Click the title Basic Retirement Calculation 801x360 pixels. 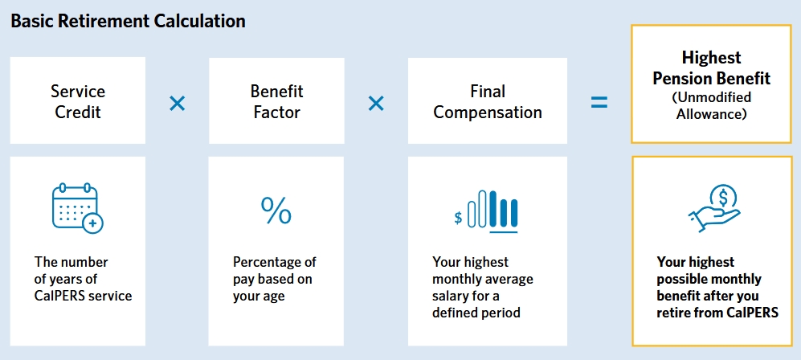click(x=129, y=22)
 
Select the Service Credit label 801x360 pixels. click(x=78, y=101)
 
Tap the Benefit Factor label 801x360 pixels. click(x=276, y=101)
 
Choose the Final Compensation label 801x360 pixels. click(x=488, y=101)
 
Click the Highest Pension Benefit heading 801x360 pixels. click(x=712, y=68)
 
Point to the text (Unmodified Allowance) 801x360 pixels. click(x=712, y=105)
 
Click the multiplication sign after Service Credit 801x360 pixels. click(x=178, y=104)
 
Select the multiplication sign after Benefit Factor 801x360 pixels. click(x=376, y=104)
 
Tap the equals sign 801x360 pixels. click(x=599, y=102)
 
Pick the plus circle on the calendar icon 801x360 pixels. click(x=94, y=223)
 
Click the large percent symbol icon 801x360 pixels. click(x=276, y=211)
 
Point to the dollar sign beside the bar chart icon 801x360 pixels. click(x=458, y=218)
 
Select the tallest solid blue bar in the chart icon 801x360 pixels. click(x=493, y=208)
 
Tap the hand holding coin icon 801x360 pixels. click(x=714, y=209)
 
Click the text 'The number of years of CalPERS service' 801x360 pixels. click(x=84, y=279)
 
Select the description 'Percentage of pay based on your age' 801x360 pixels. click(x=274, y=279)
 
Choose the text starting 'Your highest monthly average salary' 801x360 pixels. click(x=483, y=287)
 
